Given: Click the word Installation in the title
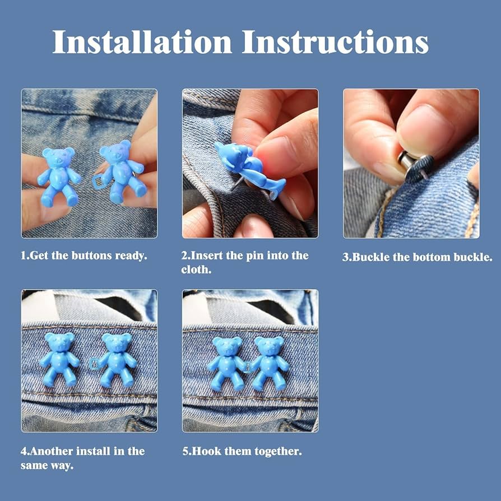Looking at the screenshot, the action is [142, 42].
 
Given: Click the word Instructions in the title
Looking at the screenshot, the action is [335, 42].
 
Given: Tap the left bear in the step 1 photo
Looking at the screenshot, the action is [59, 177].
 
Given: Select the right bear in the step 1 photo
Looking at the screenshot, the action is [122, 172].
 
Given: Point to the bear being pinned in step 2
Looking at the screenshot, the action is [249, 168].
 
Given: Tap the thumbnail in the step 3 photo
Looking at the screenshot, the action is [425, 129].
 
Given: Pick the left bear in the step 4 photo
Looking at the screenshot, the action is [60, 359].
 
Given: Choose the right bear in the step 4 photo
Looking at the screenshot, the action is [117, 360].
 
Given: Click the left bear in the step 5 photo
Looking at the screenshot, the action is [227, 363].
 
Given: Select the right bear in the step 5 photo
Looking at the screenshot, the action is [269, 363].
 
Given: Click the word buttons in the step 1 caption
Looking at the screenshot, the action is [92, 256].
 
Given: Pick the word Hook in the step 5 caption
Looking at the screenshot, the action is [206, 451].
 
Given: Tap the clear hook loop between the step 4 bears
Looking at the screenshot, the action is [94, 364].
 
